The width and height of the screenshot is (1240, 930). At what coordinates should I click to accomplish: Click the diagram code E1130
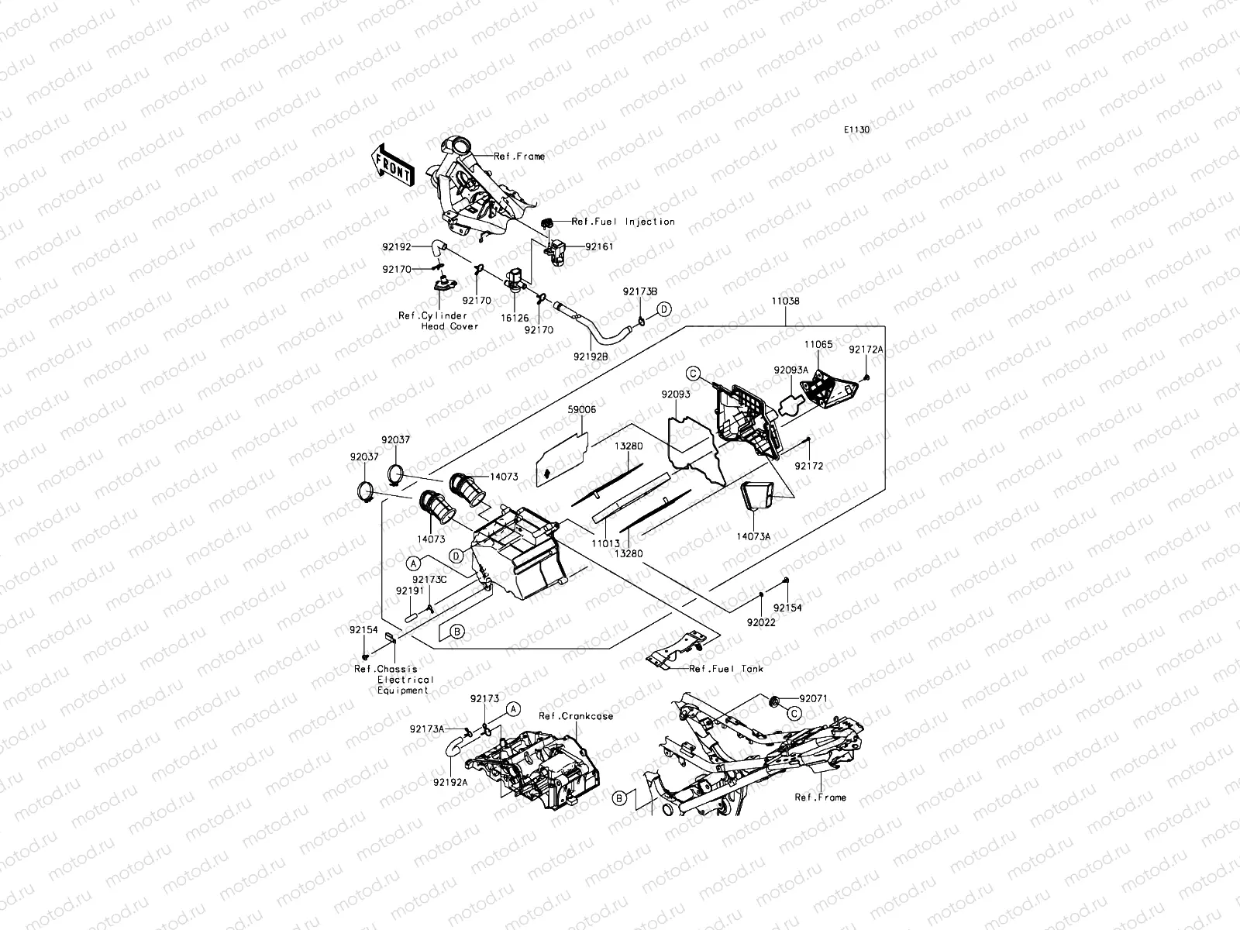tap(856, 130)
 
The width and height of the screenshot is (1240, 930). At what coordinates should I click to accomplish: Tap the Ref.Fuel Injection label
tap(623, 222)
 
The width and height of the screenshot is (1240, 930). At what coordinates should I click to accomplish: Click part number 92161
tap(598, 246)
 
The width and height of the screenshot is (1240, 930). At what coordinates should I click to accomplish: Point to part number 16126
tap(515, 318)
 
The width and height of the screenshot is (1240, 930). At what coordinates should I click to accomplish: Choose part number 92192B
tap(591, 357)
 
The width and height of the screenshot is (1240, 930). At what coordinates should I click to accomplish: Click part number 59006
tap(581, 409)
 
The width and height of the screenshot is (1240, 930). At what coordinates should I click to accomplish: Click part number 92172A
tap(866, 350)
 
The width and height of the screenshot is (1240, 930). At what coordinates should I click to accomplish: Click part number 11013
tap(606, 546)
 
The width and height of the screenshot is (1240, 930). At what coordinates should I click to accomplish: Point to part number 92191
tap(408, 591)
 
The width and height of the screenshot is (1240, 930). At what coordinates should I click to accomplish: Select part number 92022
tap(760, 622)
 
